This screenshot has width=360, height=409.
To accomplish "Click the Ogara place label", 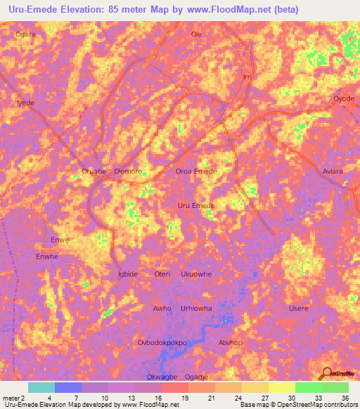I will [x=25, y=34].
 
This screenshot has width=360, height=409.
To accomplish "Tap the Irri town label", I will [x=246, y=77].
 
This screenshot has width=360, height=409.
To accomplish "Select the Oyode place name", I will [x=344, y=98].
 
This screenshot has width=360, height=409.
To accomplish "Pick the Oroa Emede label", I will [x=195, y=171].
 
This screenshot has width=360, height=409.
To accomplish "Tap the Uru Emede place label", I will [x=195, y=205].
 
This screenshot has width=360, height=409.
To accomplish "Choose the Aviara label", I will [x=333, y=171].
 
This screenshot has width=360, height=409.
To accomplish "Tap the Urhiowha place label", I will [x=195, y=309].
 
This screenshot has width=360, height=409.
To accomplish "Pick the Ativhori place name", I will [x=231, y=343].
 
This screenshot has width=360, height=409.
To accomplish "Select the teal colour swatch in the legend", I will [x=41, y=387].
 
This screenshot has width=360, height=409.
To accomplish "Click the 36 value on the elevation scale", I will [x=345, y=398].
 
